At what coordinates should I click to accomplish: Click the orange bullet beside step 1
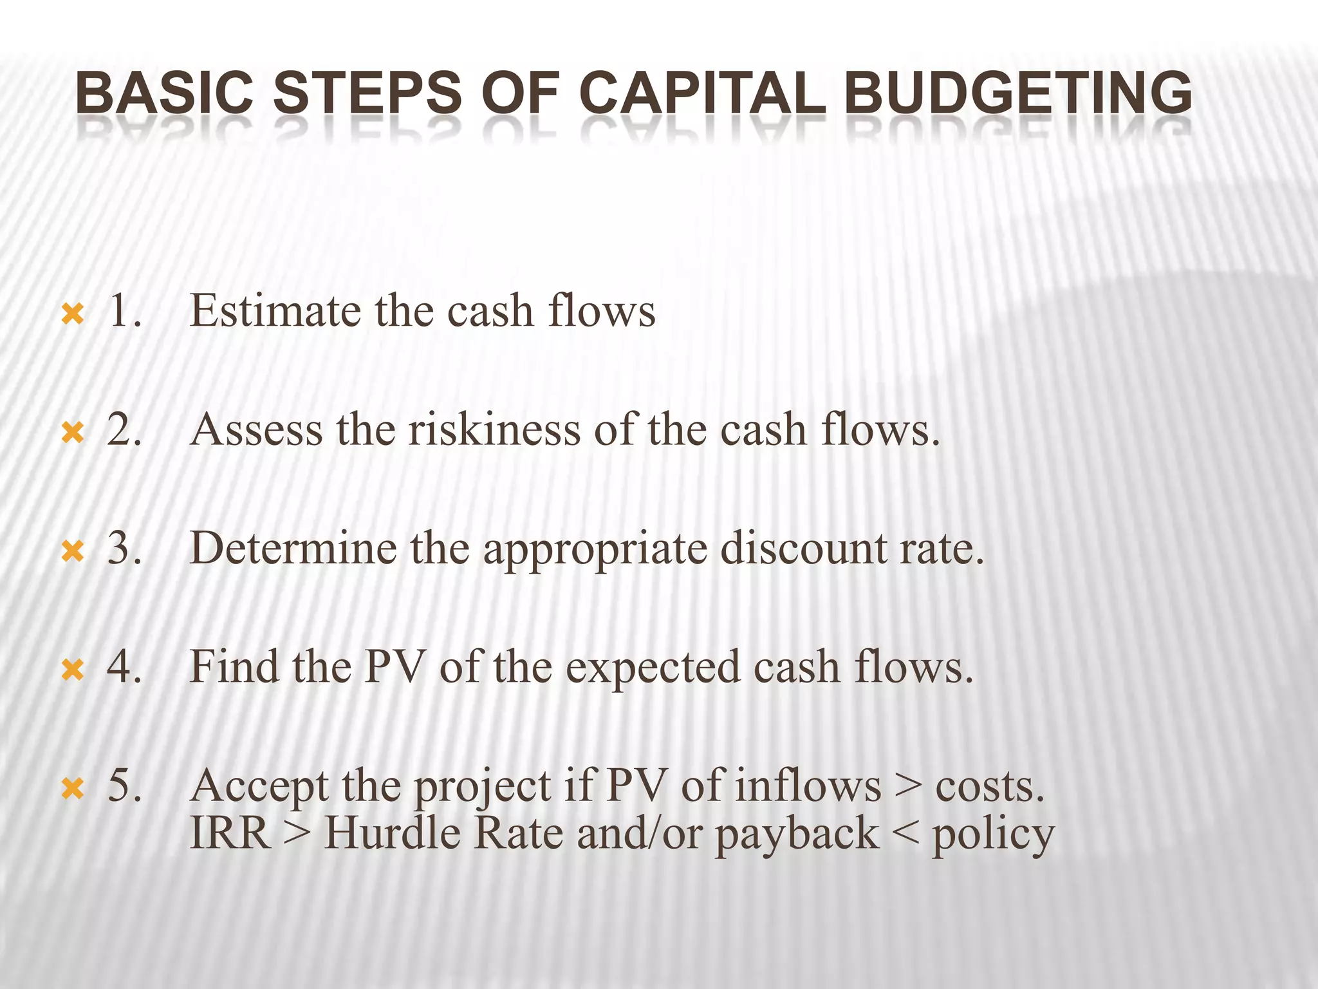pos(72,314)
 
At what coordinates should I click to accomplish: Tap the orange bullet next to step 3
pos(72,552)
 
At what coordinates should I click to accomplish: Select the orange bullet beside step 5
pos(72,789)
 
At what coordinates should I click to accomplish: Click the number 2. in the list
pos(124,430)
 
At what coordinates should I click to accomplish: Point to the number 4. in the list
pos(124,667)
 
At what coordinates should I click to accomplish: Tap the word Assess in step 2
pos(256,430)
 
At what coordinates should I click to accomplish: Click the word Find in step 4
pos(234,667)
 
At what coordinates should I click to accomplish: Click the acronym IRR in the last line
pos(230,834)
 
